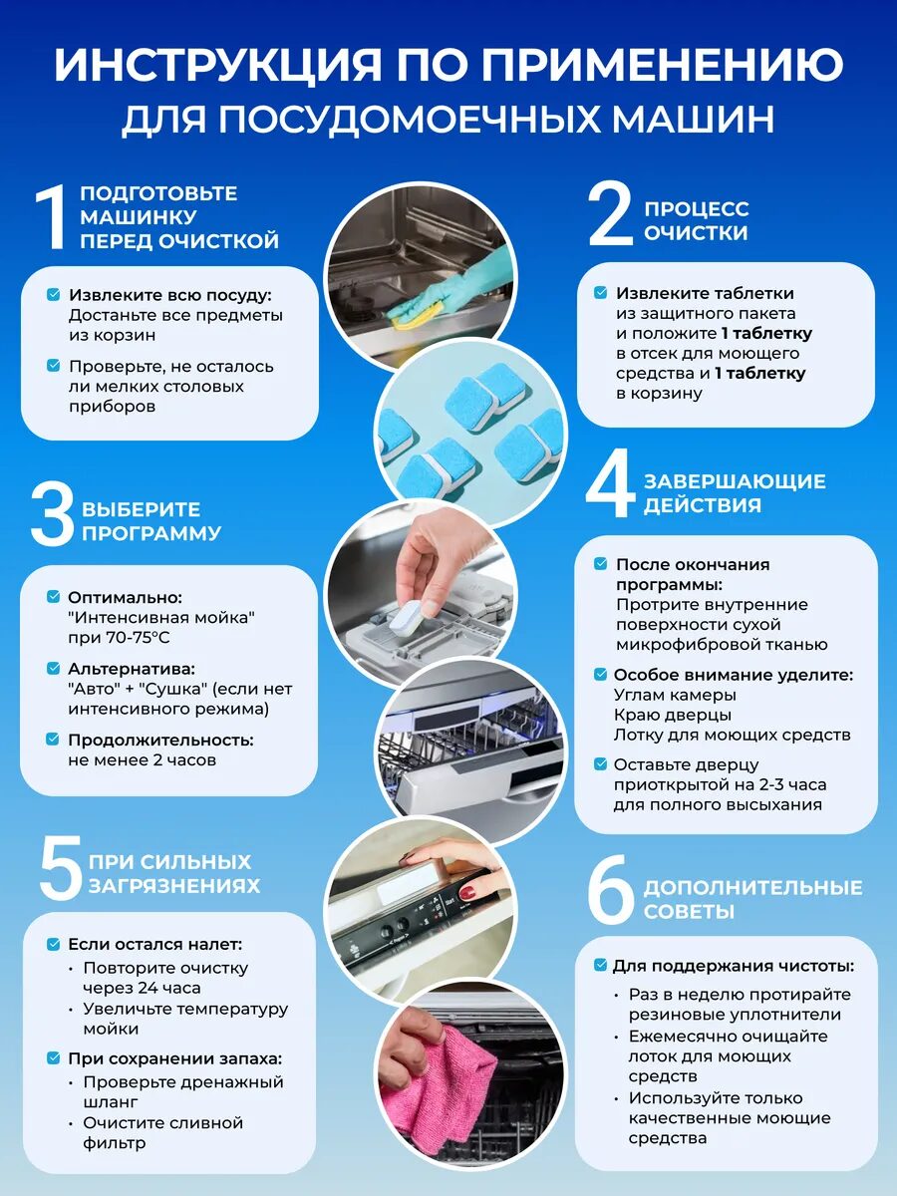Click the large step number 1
(x=52, y=217)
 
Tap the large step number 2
(x=610, y=213)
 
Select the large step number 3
(x=52, y=515)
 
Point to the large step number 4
(x=610, y=483)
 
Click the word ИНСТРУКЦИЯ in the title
(x=218, y=65)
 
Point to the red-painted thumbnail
(x=467, y=893)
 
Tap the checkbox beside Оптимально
(x=54, y=597)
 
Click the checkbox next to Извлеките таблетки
(x=600, y=293)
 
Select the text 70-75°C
(x=139, y=637)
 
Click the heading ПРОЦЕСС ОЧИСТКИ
(x=696, y=220)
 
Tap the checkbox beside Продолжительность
(x=53, y=740)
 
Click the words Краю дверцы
(x=673, y=715)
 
